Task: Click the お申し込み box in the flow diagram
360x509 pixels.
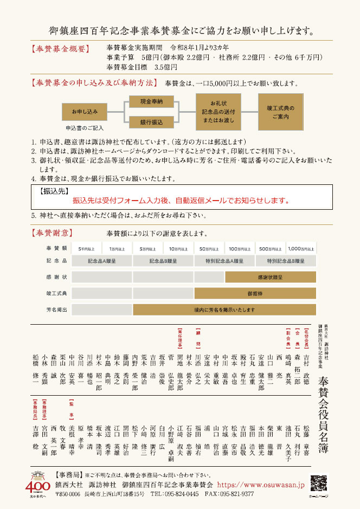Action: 84,111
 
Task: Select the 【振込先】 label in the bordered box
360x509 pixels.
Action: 53,191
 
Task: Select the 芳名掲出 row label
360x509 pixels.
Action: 56,310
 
